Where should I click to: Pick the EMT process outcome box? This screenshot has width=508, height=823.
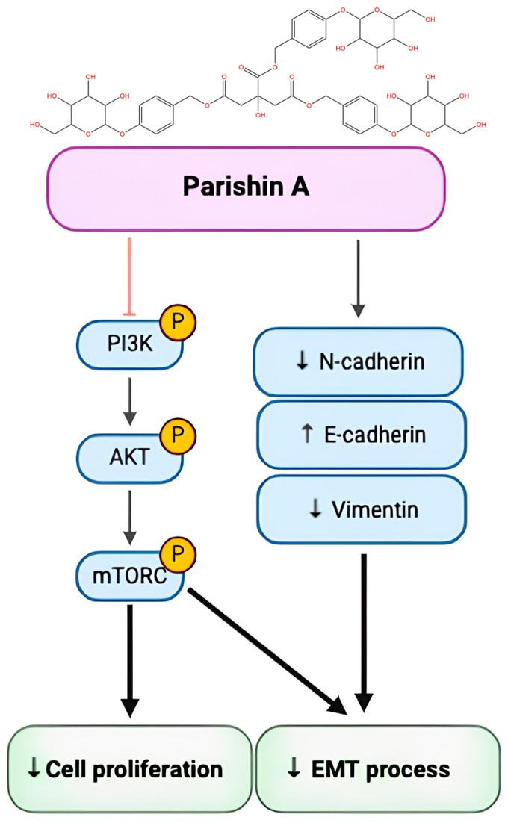tap(377, 769)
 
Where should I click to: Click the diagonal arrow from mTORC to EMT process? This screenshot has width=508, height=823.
tap(261, 645)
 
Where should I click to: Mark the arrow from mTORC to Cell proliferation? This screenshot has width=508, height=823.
tap(130, 657)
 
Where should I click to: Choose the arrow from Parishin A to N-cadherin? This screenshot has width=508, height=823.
tap(359, 276)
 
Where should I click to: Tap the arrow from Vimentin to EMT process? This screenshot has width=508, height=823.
tap(364, 627)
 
